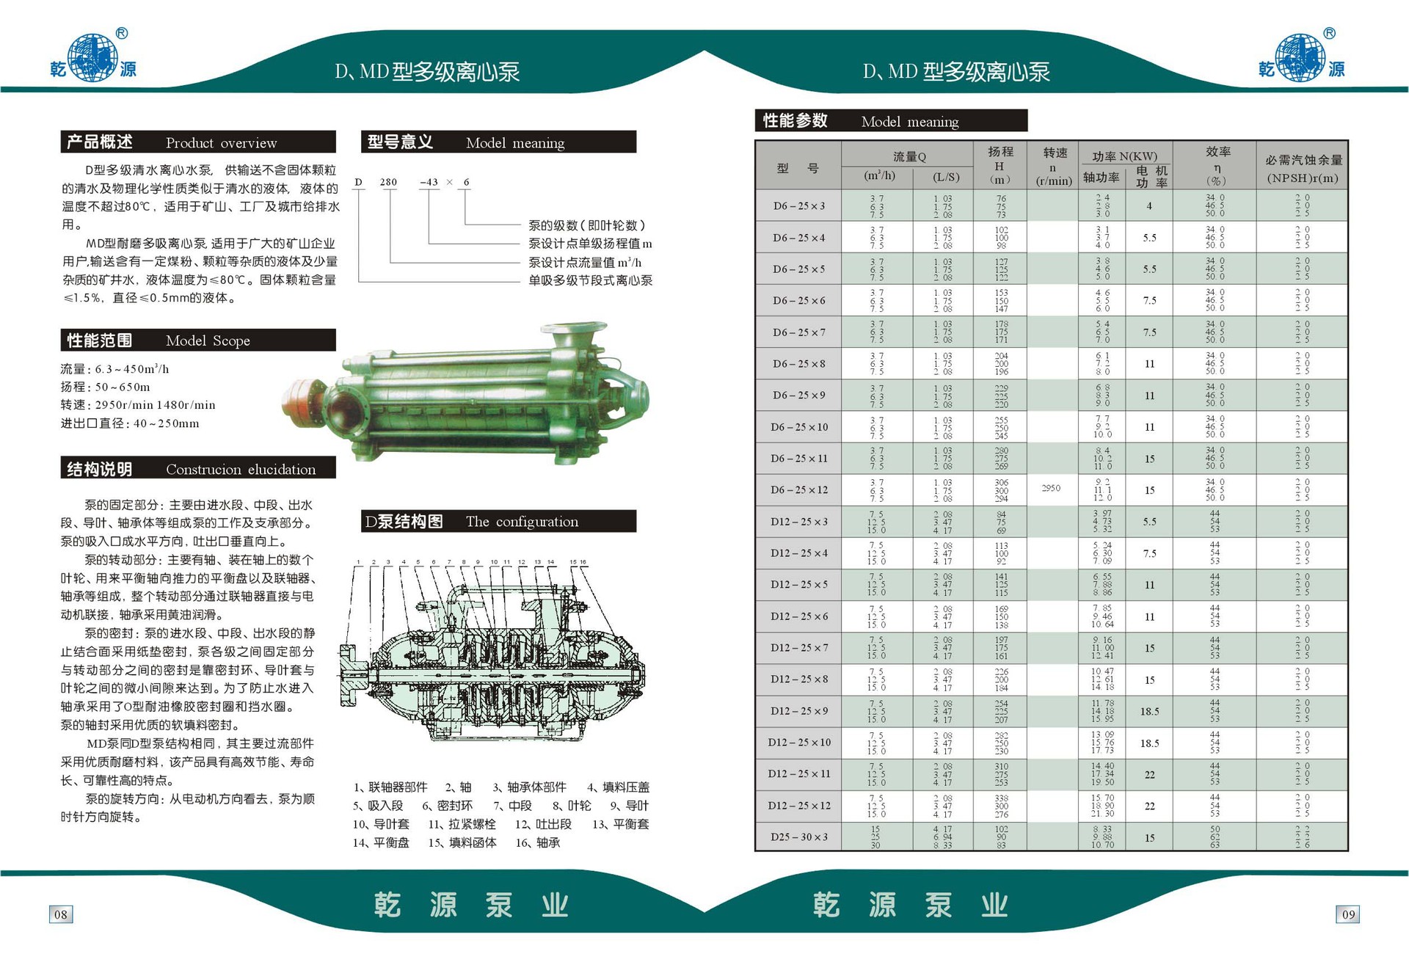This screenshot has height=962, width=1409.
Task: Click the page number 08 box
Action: pyautogui.click(x=61, y=914)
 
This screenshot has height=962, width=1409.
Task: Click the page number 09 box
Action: pyautogui.click(x=1348, y=914)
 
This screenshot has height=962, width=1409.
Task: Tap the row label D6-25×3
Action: pyautogui.click(x=798, y=206)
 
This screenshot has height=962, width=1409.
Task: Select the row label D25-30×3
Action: pyautogui.click(x=798, y=837)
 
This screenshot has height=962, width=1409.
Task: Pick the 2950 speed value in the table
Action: pyautogui.click(x=1051, y=488)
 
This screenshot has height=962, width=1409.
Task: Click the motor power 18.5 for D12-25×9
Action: pyautogui.click(x=1149, y=711)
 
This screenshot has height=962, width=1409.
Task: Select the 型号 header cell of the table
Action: pyautogui.click(x=798, y=168)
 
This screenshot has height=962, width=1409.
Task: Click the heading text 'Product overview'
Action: pyautogui.click(x=221, y=143)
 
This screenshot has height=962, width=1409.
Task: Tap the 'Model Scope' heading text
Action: pyautogui.click(x=208, y=340)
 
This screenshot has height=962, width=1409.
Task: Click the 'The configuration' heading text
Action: pyautogui.click(x=522, y=522)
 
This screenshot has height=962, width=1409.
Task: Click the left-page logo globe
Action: pyautogui.click(x=92, y=57)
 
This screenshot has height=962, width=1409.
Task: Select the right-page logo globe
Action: pyautogui.click(x=1300, y=57)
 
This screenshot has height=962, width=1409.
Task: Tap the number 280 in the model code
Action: pyautogui.click(x=388, y=182)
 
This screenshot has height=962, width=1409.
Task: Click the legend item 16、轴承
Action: pyautogui.click(x=537, y=842)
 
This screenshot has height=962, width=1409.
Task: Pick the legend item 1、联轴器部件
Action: pyautogui.click(x=390, y=787)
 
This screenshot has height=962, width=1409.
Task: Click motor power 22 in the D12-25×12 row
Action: pyautogui.click(x=1149, y=806)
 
